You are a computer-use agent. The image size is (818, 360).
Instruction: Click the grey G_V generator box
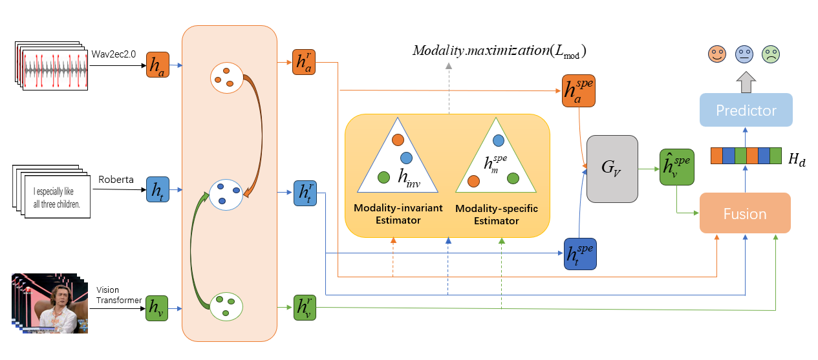click(612, 169)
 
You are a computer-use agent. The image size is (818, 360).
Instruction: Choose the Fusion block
click(745, 213)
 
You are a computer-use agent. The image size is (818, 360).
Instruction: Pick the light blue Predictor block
click(746, 111)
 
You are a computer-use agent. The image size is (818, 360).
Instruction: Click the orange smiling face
click(716, 54)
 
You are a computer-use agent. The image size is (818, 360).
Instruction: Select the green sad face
click(770, 54)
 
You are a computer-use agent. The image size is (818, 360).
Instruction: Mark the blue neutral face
click(744, 54)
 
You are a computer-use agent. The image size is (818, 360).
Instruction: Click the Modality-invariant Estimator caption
click(397, 215)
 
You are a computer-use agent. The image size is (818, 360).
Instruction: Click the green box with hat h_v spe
click(676, 166)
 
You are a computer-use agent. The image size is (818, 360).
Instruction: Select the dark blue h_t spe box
click(579, 253)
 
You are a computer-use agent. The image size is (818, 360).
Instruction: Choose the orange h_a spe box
click(577, 91)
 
